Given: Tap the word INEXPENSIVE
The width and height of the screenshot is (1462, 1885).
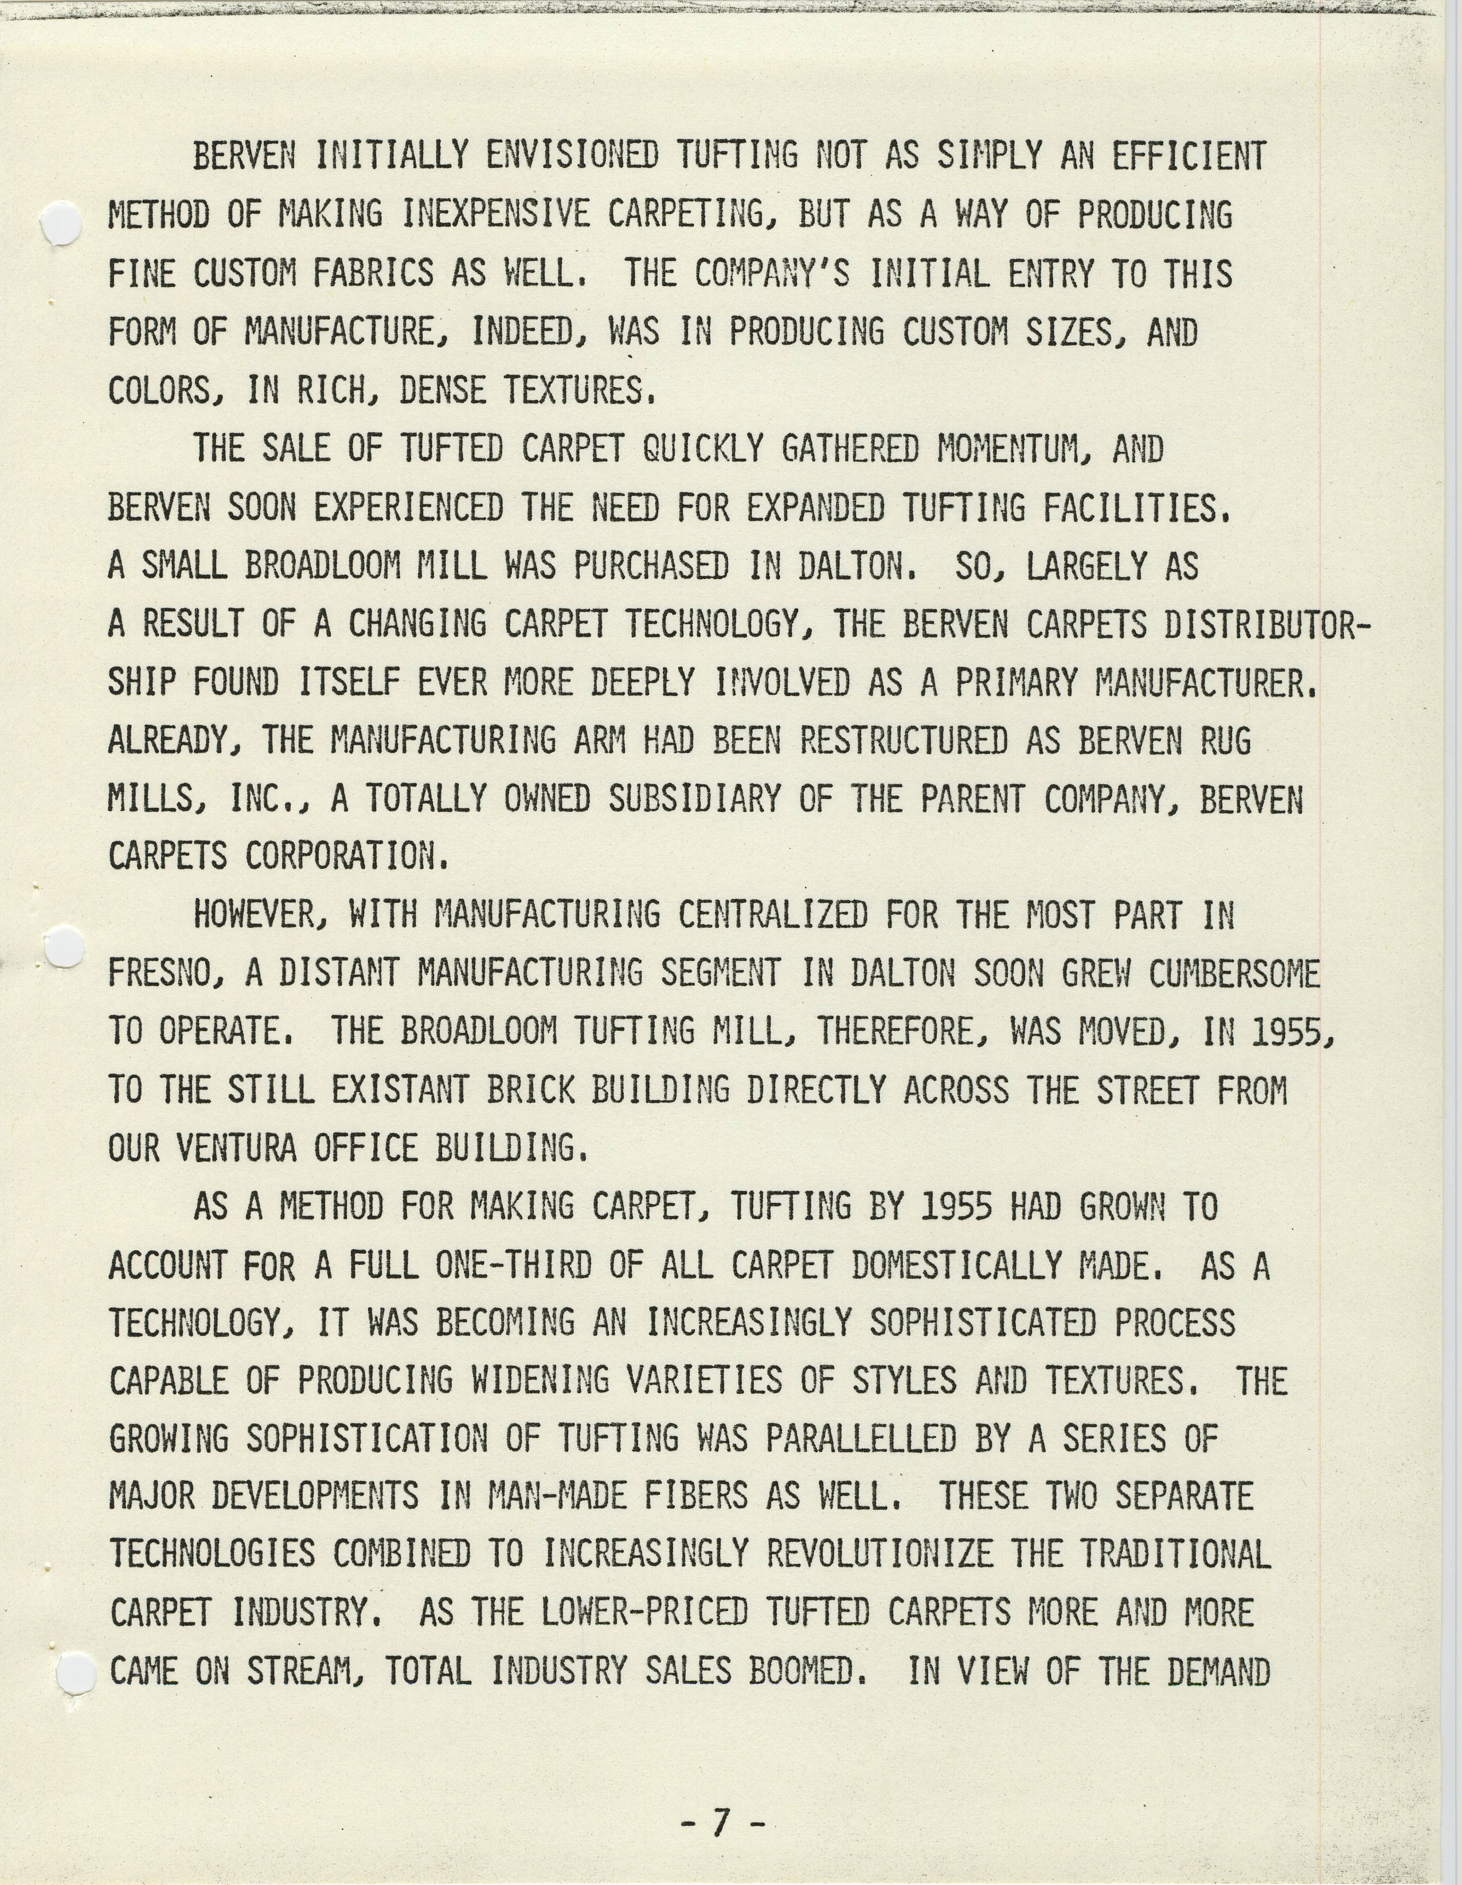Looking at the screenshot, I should [497, 215].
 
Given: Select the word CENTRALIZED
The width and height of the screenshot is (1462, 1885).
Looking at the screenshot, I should [772, 915].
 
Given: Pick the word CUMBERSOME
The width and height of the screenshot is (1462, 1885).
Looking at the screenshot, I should [1234, 973].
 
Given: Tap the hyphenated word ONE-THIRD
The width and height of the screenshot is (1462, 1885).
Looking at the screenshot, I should [514, 1266].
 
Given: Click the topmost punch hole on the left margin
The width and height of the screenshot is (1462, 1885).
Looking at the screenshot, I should [61, 224].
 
